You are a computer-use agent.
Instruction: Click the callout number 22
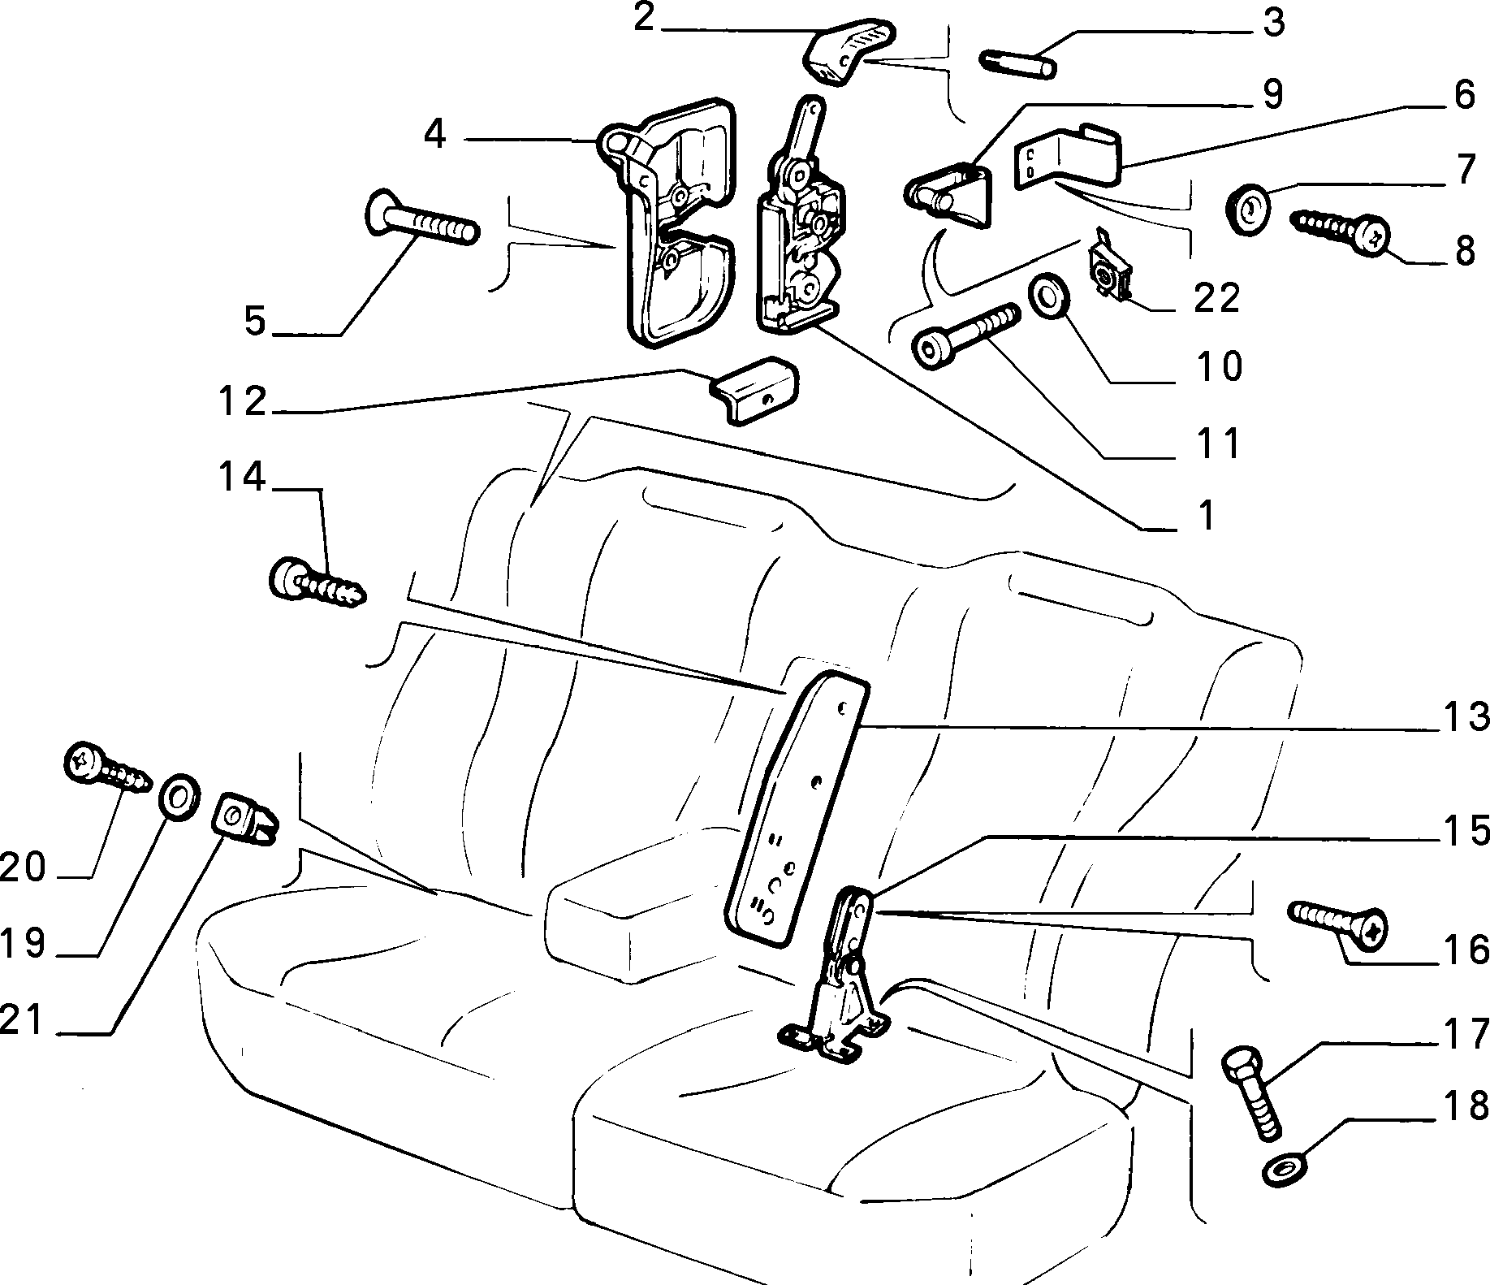tap(1216, 299)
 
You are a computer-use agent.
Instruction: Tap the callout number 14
tap(241, 478)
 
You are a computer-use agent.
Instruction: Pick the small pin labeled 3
tap(1019, 63)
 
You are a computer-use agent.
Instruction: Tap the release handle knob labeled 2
tap(849, 50)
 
